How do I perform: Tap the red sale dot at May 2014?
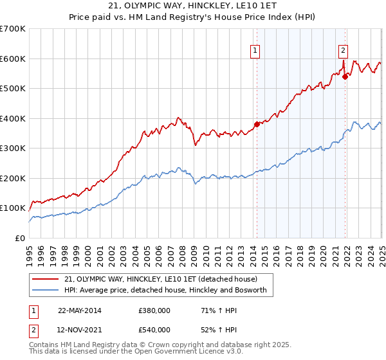257,124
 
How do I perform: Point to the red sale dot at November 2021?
345,76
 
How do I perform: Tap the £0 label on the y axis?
19,238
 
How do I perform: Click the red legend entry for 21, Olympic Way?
161,279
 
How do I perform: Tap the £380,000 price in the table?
154,310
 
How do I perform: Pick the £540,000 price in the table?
154,330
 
